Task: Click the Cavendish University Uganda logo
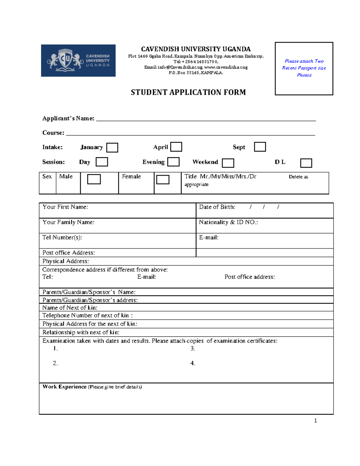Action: click(x=78, y=61)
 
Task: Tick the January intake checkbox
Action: click(x=112, y=148)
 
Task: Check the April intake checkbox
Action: click(x=176, y=147)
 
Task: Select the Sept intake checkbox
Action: click(x=260, y=147)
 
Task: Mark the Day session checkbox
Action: click(x=102, y=162)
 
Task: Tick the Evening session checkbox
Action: click(x=173, y=162)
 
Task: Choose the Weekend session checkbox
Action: click(x=228, y=163)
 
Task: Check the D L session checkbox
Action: click(x=306, y=163)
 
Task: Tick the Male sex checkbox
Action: click(x=94, y=179)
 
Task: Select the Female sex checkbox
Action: click(x=163, y=179)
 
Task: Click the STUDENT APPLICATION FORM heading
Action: click(x=188, y=92)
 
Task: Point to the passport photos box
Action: click(x=304, y=68)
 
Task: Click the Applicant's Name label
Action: click(x=68, y=119)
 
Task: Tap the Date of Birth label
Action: click(x=217, y=207)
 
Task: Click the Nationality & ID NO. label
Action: click(x=228, y=222)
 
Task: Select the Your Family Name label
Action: click(x=68, y=222)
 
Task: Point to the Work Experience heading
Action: click(x=64, y=387)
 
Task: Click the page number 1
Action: click(x=315, y=421)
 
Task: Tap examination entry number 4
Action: click(x=193, y=363)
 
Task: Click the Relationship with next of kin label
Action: click(x=81, y=332)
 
